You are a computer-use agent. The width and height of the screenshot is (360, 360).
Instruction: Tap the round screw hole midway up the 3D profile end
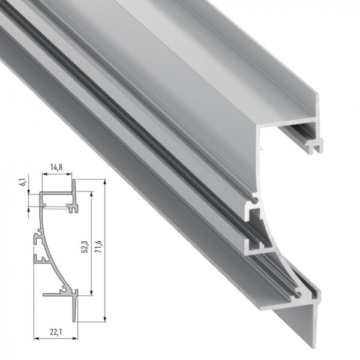coord(256,197)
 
